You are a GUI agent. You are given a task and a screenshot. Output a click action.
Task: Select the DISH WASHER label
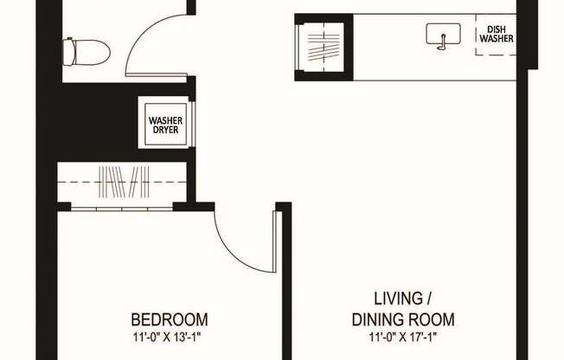tap(497, 34)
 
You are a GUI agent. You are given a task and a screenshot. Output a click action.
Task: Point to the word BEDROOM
tap(169, 318)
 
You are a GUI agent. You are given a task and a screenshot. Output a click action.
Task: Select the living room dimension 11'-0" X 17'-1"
tap(402, 336)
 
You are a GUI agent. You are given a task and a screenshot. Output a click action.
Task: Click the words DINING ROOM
tap(402, 318)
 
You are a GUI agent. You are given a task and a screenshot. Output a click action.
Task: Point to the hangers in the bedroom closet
tap(125, 183)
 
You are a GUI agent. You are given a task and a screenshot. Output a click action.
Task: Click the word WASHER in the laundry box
tap(164, 120)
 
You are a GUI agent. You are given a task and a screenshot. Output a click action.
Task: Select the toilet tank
tap(69, 50)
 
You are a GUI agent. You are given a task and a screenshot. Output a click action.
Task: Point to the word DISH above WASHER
tap(497, 29)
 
